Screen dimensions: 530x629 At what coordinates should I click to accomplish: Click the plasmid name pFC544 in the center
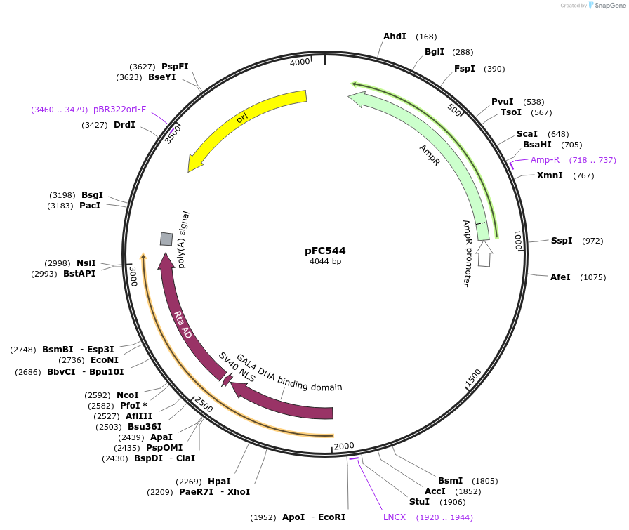(x=325, y=250)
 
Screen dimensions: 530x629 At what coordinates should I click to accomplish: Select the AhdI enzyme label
(x=395, y=37)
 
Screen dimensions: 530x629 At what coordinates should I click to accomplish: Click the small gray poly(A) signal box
(x=166, y=239)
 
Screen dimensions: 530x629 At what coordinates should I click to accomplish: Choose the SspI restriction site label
(x=562, y=241)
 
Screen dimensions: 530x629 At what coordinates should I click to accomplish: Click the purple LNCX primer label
(x=395, y=517)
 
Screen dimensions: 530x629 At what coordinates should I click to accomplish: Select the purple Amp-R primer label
(x=545, y=160)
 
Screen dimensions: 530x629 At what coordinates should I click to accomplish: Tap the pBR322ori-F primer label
(x=119, y=110)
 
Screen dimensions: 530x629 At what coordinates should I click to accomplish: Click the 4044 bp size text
(x=325, y=262)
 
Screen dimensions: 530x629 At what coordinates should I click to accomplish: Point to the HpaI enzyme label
(x=219, y=482)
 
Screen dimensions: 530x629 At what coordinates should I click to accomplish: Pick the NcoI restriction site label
(x=128, y=395)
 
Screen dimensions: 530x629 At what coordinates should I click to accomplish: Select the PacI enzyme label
(x=90, y=206)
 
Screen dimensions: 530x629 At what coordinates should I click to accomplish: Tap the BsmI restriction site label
(x=451, y=481)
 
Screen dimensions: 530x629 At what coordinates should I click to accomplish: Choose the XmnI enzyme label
(x=550, y=175)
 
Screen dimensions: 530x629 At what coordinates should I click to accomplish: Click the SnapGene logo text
(x=607, y=6)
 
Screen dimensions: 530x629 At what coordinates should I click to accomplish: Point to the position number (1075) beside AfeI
(x=592, y=277)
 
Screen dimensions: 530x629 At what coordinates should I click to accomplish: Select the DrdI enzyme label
(x=124, y=125)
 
